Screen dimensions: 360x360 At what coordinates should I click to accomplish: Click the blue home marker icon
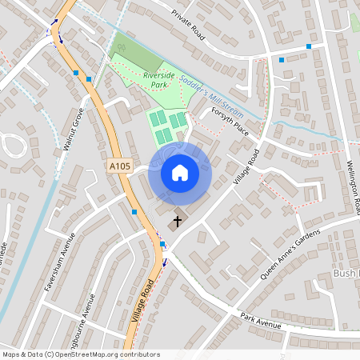coord(180,173)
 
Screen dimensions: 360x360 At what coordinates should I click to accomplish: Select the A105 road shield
coord(120,166)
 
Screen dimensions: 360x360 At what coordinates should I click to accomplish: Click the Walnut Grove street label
coord(73,131)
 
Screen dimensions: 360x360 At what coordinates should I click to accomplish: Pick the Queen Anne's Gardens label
coord(289,252)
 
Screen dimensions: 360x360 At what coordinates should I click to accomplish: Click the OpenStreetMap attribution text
coord(81,354)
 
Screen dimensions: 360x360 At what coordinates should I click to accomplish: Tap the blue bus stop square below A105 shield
coord(134,211)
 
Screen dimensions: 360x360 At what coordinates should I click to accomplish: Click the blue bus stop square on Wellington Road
coord(309,46)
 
